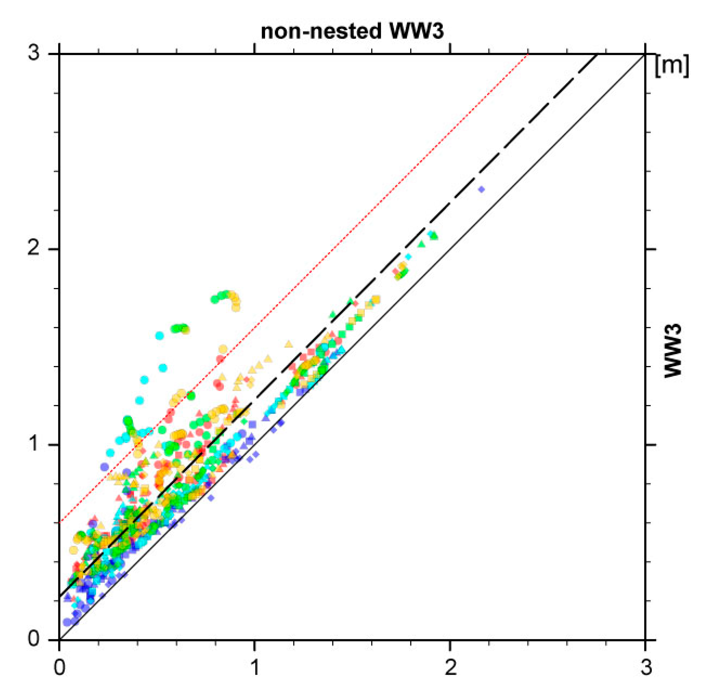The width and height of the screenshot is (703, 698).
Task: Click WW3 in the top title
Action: click(x=416, y=32)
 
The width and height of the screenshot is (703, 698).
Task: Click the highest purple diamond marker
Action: click(x=482, y=189)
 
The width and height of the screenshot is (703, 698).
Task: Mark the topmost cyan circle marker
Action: click(x=159, y=335)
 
